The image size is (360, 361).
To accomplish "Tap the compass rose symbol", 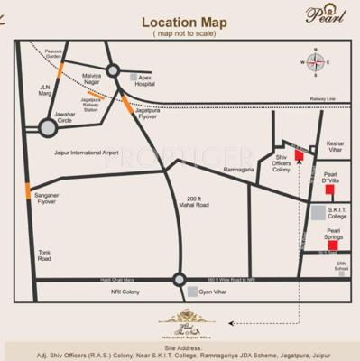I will (317, 63).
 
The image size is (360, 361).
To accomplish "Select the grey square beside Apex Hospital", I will (134, 79).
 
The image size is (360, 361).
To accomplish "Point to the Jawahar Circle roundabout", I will (47, 128).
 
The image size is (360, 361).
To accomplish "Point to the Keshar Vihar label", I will (336, 147).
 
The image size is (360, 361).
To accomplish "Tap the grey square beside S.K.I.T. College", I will (318, 213).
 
